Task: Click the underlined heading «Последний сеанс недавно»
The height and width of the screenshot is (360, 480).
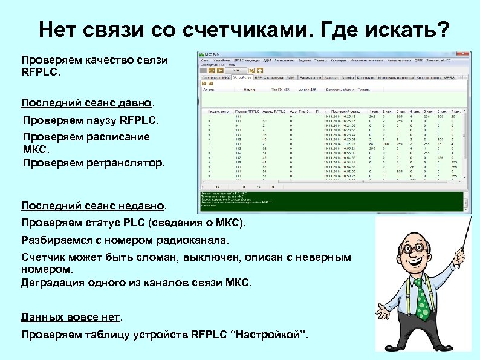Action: pyautogui.click(x=93, y=206)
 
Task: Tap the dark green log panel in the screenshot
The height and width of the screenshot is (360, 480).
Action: pyautogui.click(x=332, y=202)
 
